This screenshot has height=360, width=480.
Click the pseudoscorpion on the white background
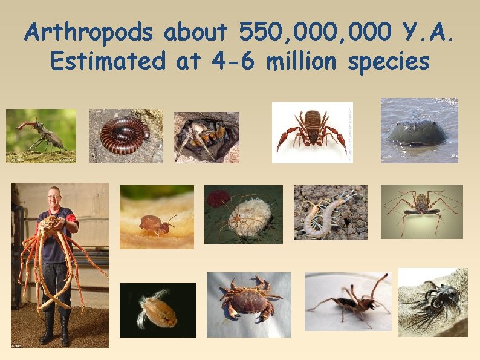[312, 131]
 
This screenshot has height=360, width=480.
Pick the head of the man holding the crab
[54, 197]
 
